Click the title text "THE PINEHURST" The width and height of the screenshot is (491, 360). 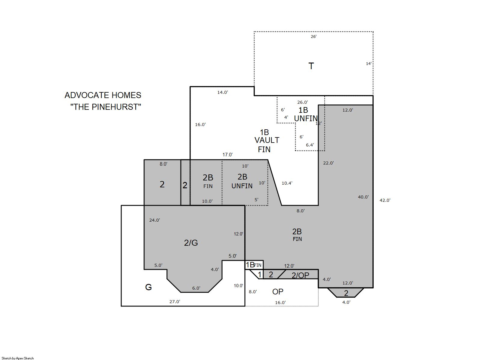click(106, 107)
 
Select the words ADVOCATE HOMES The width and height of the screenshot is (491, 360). click(103, 95)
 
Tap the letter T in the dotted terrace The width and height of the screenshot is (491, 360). click(311, 66)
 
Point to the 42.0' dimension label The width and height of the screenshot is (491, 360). click(385, 200)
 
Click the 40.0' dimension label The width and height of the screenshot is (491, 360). click(363, 197)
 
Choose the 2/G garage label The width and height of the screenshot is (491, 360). click(191, 243)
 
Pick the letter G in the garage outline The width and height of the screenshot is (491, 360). click(148, 287)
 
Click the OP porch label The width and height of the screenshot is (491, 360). click(278, 292)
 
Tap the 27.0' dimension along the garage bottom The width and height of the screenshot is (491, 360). click(175, 302)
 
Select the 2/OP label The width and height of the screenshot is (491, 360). click(300, 275)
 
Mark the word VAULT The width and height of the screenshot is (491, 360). click(267, 140)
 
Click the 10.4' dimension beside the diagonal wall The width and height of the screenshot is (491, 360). click(287, 183)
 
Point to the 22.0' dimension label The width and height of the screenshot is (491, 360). click(328, 163)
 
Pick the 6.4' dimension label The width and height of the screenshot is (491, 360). click(310, 145)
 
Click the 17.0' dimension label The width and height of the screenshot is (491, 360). click(227, 155)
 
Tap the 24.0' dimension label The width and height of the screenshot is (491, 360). click(155, 220)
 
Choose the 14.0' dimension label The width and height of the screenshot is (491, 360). click(223, 92)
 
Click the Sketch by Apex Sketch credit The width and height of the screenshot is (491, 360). click(18, 358)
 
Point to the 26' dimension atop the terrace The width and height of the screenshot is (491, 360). click(313, 37)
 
